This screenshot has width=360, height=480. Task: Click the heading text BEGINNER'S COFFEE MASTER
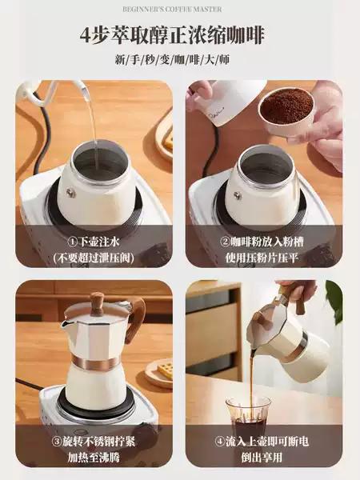coord(172,10)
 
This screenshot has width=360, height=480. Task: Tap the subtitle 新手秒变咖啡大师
coord(172,59)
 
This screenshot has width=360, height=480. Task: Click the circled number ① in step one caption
coord(73,242)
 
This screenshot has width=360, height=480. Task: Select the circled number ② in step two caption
coord(225,242)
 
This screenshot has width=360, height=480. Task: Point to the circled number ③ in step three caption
coord(58,442)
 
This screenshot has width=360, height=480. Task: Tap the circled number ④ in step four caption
coord(219,442)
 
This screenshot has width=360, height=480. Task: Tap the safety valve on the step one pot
coord(71,192)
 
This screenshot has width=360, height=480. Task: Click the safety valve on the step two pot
coord(238,196)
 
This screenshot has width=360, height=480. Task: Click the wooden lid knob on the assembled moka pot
coord(97,302)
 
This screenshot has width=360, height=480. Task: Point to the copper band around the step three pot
coord(95,363)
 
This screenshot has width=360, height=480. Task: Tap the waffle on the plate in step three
coord(166,370)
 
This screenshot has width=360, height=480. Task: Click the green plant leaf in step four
coord(334,302)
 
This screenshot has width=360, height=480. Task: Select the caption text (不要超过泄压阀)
coord(94,258)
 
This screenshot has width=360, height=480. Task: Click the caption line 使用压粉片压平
coord(262,258)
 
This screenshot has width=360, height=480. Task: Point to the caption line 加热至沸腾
coord(94,458)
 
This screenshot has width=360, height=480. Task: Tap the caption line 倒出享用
coord(262,458)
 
